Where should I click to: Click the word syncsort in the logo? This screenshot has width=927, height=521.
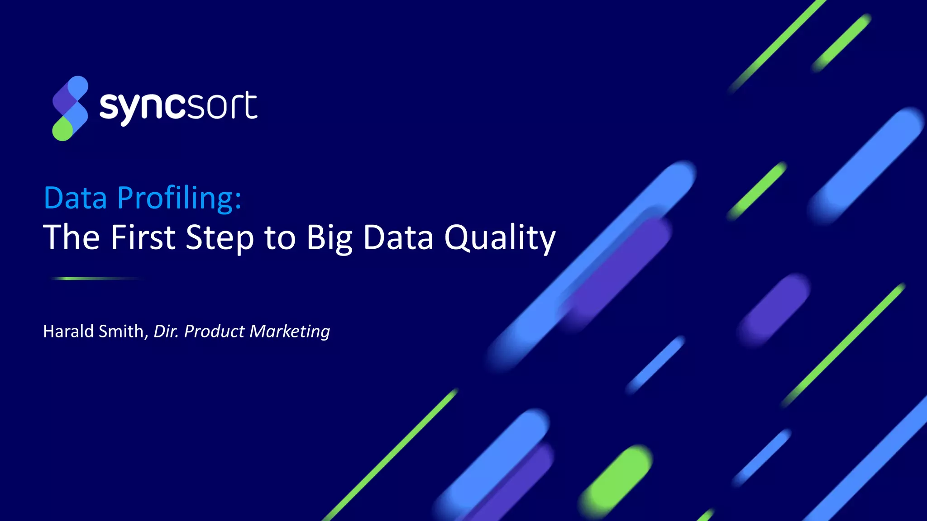178,107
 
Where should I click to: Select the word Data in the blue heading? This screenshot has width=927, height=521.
75,199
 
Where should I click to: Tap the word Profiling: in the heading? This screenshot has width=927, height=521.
179,199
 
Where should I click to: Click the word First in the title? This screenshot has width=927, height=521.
143,237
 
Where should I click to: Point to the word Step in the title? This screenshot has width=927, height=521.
220,237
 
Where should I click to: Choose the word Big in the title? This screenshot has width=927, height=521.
329,237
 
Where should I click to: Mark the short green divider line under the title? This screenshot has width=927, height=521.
95,279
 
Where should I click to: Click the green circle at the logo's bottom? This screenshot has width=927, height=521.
62,130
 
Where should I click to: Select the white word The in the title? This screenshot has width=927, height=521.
71,237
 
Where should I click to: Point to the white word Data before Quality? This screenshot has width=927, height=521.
398,237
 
